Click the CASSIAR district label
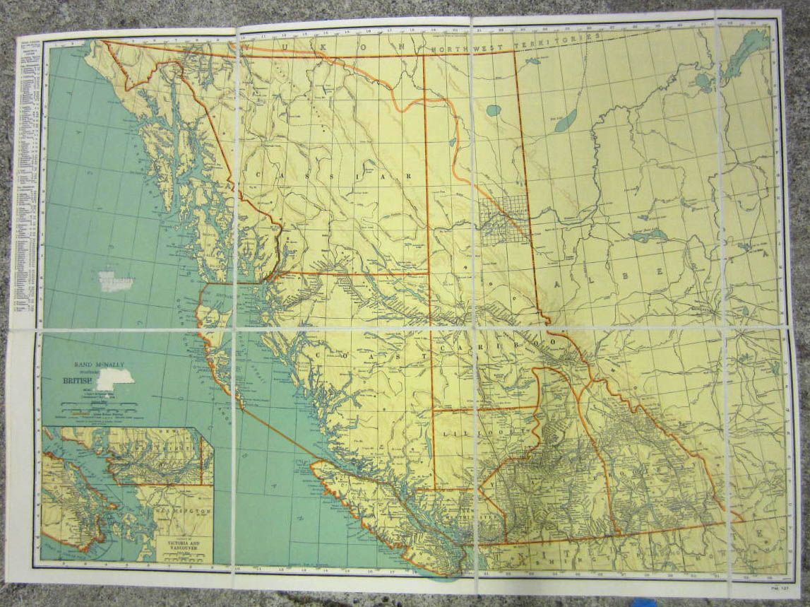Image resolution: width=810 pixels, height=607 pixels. (x=332, y=174)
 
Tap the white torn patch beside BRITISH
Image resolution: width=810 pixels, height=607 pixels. (x=115, y=379)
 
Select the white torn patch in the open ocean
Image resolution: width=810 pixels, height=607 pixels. (x=116, y=281)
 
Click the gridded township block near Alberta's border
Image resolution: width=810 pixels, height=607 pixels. (x=503, y=219)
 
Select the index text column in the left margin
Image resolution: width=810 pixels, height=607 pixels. (x=26, y=177)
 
